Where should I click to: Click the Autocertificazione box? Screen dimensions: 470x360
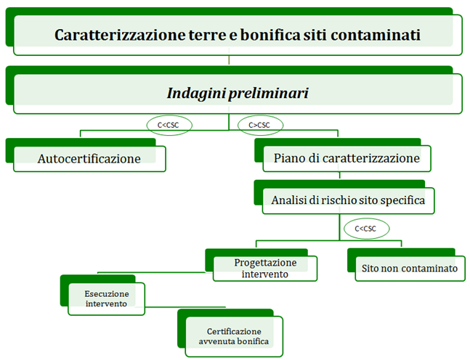[x=89, y=159]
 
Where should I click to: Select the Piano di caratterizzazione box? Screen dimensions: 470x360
[x=347, y=158]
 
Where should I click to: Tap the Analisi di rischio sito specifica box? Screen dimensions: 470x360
[x=348, y=200]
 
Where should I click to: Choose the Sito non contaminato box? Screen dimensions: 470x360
[x=410, y=269]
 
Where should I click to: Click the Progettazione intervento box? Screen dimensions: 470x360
[x=265, y=269]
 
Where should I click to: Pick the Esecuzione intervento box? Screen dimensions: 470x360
[x=106, y=298]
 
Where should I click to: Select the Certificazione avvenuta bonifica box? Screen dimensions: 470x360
[x=234, y=336]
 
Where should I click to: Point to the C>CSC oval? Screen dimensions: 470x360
[x=260, y=125]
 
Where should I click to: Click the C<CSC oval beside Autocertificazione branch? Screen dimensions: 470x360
[x=169, y=125]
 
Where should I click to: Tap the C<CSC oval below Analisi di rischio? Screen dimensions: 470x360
[x=366, y=229]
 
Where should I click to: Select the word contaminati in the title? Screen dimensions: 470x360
[x=376, y=35]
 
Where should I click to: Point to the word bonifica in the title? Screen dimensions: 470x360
[x=270, y=35]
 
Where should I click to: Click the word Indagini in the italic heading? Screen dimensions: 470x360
[x=196, y=93]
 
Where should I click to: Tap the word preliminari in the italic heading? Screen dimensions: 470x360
[x=269, y=93]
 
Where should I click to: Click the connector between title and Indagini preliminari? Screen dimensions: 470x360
[x=229, y=60]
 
